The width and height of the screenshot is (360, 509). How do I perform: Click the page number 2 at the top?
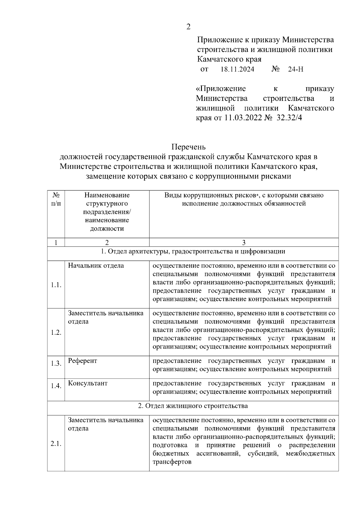tap(188, 27)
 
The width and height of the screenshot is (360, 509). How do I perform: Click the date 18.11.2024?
tap(237, 70)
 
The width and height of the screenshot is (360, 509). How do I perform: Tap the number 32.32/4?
tap(289, 118)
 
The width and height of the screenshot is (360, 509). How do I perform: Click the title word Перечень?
tap(188, 147)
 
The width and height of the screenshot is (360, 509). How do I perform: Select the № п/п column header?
tap(56, 199)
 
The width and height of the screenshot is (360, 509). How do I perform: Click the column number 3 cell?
tap(244, 242)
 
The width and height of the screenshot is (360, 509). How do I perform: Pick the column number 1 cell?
tap(56, 242)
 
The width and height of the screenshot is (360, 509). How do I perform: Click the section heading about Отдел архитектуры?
tap(193, 251)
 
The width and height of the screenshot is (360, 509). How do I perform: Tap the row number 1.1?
tap(56, 285)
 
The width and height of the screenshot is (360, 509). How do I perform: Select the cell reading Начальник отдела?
tap(96, 266)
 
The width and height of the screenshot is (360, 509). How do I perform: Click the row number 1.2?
tap(56, 332)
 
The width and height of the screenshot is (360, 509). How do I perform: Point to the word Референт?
tap(82, 361)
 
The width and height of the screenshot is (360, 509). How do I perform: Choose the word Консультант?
tap(88, 383)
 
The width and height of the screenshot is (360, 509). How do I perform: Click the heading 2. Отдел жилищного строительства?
tap(193, 406)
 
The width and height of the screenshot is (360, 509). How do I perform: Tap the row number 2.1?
tap(56, 444)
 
